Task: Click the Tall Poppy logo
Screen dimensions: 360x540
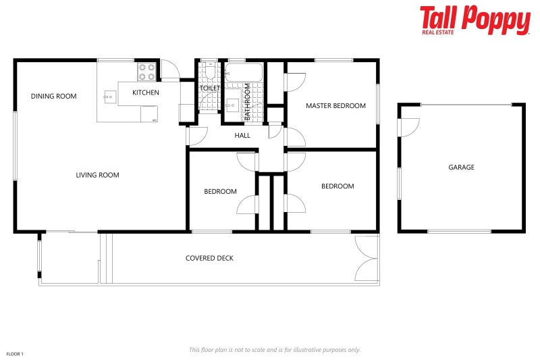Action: click(475, 20)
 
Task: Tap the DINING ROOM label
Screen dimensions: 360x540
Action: click(54, 97)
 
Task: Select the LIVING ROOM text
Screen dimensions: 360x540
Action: click(97, 176)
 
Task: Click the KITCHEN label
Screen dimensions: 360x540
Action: click(146, 93)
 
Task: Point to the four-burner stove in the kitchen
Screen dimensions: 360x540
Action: click(147, 72)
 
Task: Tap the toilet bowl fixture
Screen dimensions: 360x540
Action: click(209, 73)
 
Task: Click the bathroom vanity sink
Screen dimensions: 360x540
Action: click(232, 104)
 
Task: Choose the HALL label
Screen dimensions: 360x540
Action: click(242, 136)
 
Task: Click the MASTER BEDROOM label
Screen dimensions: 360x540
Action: click(335, 106)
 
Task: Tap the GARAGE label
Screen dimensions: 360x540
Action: click(461, 168)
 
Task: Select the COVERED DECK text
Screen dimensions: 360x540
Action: click(209, 259)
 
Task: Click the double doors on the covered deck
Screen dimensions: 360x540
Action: click(367, 259)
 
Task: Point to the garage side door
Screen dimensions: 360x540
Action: click(408, 127)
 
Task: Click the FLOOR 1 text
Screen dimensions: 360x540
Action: click(15, 354)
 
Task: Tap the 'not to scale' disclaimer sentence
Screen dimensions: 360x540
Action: click(274, 350)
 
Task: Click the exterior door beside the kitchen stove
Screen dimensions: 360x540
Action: click(169, 70)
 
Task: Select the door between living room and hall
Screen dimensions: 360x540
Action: click(196, 136)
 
